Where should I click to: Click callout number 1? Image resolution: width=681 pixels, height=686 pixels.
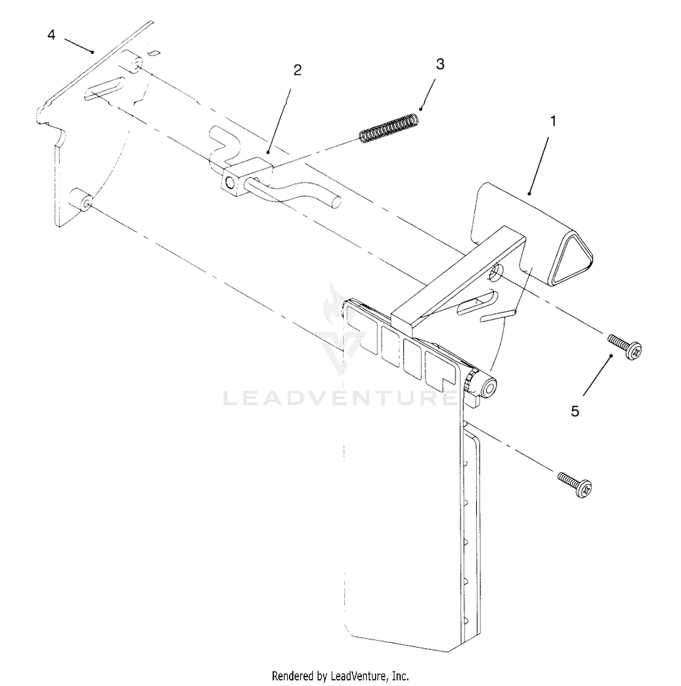tap(553, 121)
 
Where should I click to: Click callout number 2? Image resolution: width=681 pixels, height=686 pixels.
tap(297, 70)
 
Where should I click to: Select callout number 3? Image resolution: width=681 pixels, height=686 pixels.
tap(440, 64)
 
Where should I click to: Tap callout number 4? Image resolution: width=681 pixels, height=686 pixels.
tap(51, 35)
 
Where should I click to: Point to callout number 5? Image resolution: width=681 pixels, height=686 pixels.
tap(575, 411)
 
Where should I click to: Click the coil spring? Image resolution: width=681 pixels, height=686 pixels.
tap(389, 128)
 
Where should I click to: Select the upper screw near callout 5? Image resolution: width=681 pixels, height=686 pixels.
tap(625, 346)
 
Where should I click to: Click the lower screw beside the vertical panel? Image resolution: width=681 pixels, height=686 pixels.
tap(575, 485)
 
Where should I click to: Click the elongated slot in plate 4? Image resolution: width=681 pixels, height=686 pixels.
tap(104, 88)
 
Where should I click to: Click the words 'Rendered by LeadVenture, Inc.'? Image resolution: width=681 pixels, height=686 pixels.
tap(340, 676)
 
